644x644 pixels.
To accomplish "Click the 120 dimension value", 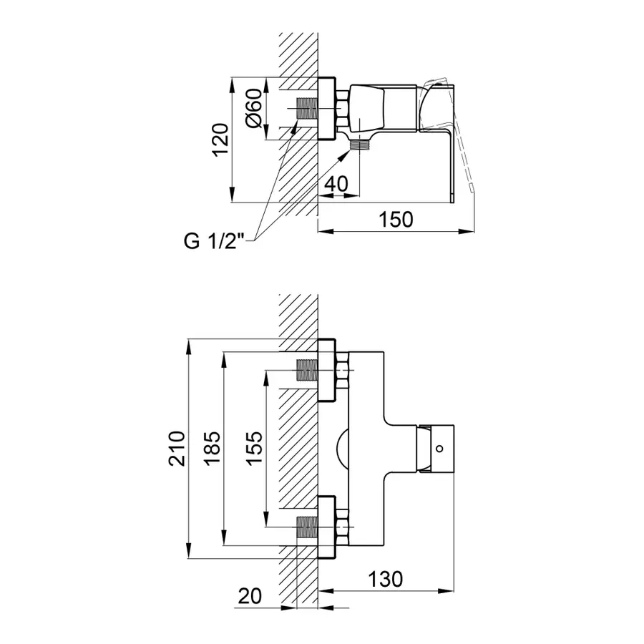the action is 220,140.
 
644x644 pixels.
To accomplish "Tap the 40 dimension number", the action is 336,184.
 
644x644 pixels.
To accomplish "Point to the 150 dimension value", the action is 396,220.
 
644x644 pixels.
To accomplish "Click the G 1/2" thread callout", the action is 214,241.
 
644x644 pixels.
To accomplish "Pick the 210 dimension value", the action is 177,448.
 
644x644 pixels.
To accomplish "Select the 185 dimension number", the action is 213,448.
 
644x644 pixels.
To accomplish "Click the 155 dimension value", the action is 255,448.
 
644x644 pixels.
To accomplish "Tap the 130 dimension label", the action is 385,580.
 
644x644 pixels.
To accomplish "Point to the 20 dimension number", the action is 250,596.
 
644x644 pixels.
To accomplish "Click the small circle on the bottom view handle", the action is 439,449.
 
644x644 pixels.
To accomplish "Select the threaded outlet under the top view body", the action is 359,145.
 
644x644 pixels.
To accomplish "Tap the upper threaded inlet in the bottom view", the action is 307,370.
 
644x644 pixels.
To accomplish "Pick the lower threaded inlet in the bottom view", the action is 307,527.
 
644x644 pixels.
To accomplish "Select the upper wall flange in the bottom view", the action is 327,370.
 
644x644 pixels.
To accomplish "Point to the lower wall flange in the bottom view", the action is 327,527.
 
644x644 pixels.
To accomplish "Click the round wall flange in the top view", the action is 327,109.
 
